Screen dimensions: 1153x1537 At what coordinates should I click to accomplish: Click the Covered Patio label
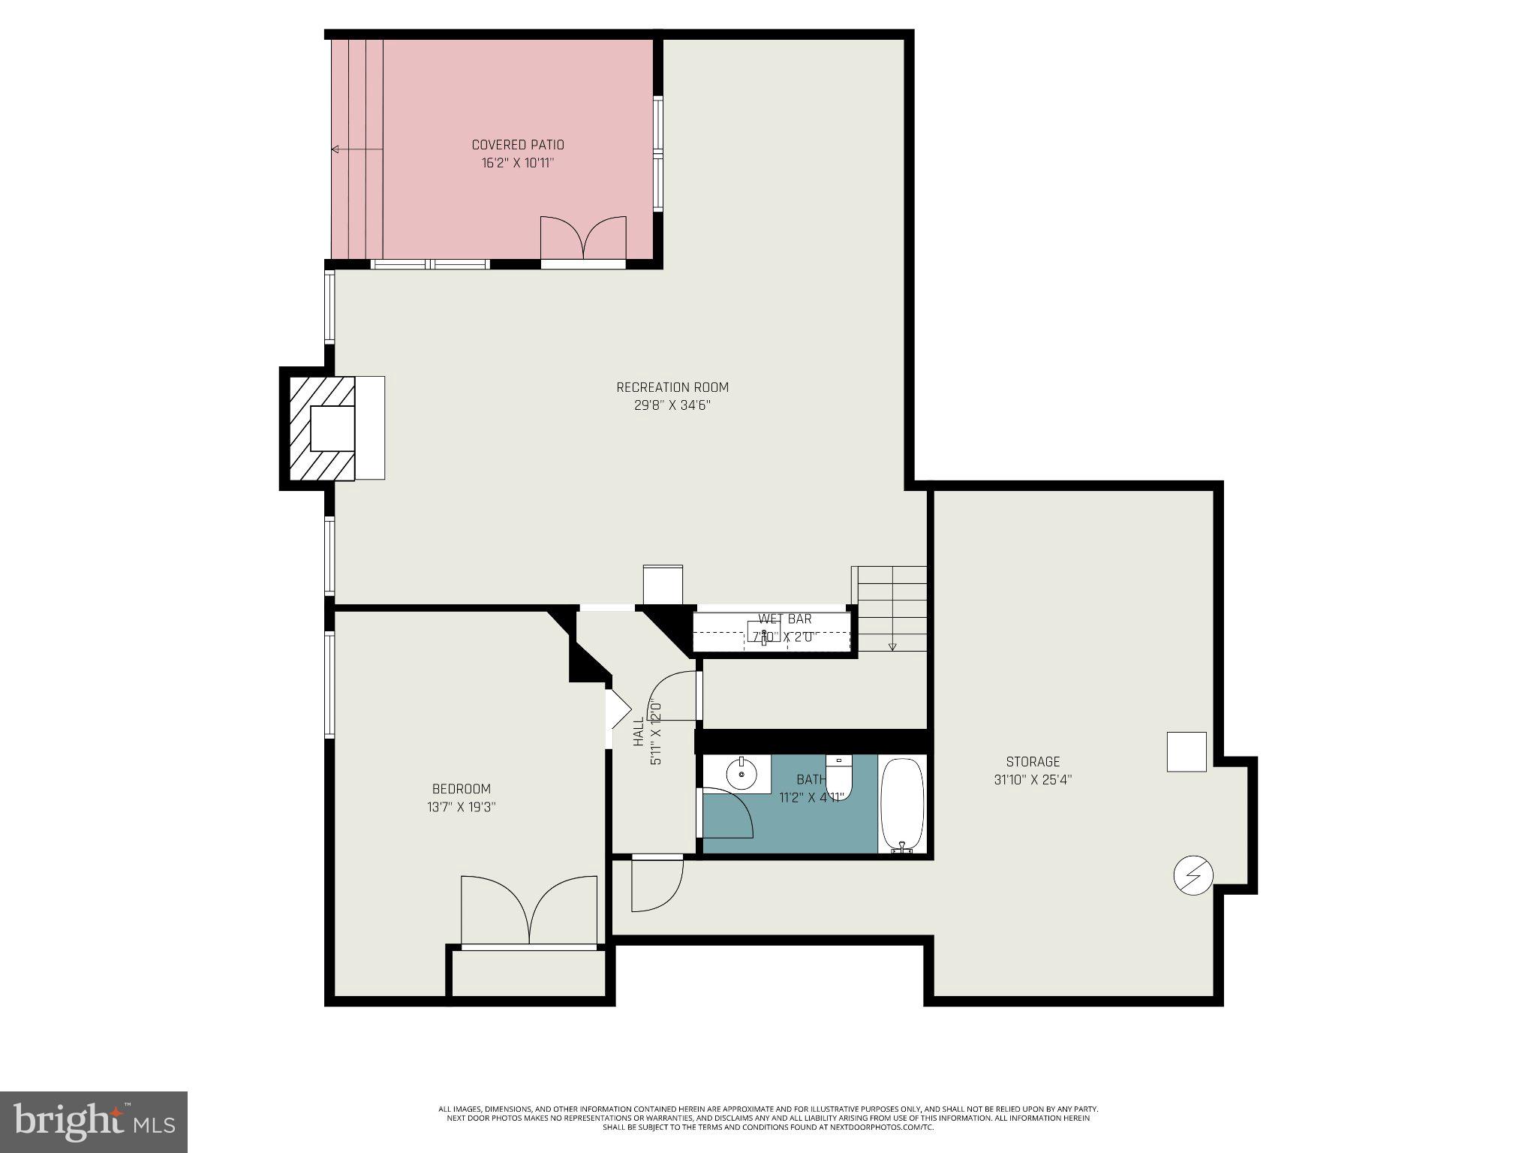click(517, 145)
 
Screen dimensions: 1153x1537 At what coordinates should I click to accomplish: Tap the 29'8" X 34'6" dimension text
click(672, 405)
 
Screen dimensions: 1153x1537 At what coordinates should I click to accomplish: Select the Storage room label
click(1033, 761)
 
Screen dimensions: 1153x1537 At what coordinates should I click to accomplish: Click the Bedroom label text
click(461, 789)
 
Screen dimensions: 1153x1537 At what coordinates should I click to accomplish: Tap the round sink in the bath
click(741, 774)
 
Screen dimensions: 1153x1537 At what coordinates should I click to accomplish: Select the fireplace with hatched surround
click(323, 429)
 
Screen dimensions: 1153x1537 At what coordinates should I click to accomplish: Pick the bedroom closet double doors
click(529, 912)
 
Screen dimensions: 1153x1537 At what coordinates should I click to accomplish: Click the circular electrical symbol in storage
click(1193, 875)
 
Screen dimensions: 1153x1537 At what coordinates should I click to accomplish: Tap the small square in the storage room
click(1187, 751)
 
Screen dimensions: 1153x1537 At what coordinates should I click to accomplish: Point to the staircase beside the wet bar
click(892, 609)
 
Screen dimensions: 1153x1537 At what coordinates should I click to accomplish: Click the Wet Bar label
click(784, 619)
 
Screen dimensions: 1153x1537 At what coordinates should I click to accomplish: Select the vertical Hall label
click(639, 732)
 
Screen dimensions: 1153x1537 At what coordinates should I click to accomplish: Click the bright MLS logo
click(93, 1121)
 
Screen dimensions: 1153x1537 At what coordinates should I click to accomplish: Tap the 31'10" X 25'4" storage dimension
click(1033, 780)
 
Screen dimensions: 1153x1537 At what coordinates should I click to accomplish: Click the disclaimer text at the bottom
click(768, 1117)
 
